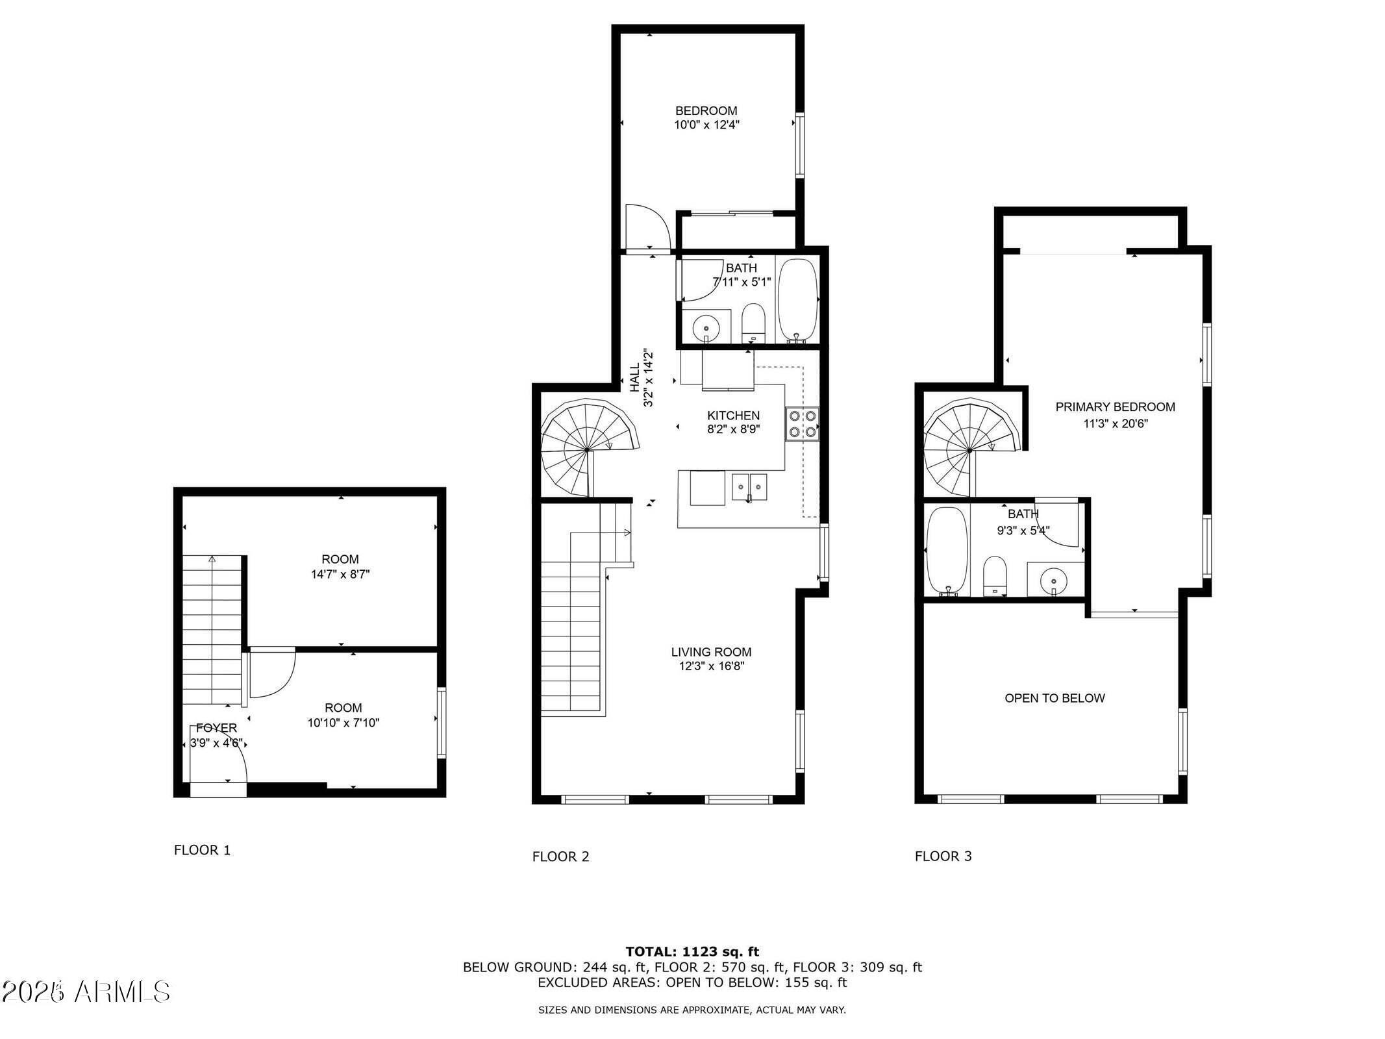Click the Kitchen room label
pos(733,416)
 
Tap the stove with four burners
pos(802,423)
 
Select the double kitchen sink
pos(749,487)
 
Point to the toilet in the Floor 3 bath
pos(994,575)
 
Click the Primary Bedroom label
pos(1115,407)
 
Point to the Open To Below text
pos(1054,698)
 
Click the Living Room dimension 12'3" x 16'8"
pos(712,666)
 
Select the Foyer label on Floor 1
pos(216,728)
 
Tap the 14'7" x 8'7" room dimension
pos(340,574)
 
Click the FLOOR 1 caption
pos(202,850)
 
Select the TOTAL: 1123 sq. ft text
pos(692,952)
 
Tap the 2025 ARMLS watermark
pos(86,992)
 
